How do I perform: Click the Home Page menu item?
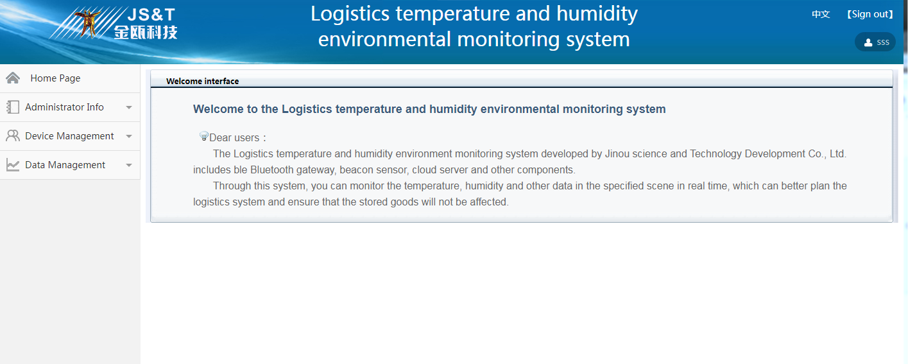coord(55,78)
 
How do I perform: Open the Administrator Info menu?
coord(64,107)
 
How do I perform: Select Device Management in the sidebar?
coord(69,136)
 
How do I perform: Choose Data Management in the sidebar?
coord(65,165)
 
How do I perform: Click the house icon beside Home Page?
coord(13,78)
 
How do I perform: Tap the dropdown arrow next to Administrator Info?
coord(129,107)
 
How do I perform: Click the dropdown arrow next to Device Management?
coord(129,136)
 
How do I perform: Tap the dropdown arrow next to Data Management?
coord(129,165)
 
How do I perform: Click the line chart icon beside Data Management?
coord(13,165)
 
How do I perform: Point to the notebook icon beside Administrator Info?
coord(13,107)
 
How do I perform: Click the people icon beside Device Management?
coord(13,136)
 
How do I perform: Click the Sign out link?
coord(870,14)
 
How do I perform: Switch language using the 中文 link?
coord(821,15)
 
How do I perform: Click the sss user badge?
coord(875,42)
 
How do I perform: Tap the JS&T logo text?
coord(151,15)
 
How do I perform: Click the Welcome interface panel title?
coord(202,81)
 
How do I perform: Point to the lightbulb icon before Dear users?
coord(204,136)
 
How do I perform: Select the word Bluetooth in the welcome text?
coord(271,170)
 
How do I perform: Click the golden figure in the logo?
coord(88,24)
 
